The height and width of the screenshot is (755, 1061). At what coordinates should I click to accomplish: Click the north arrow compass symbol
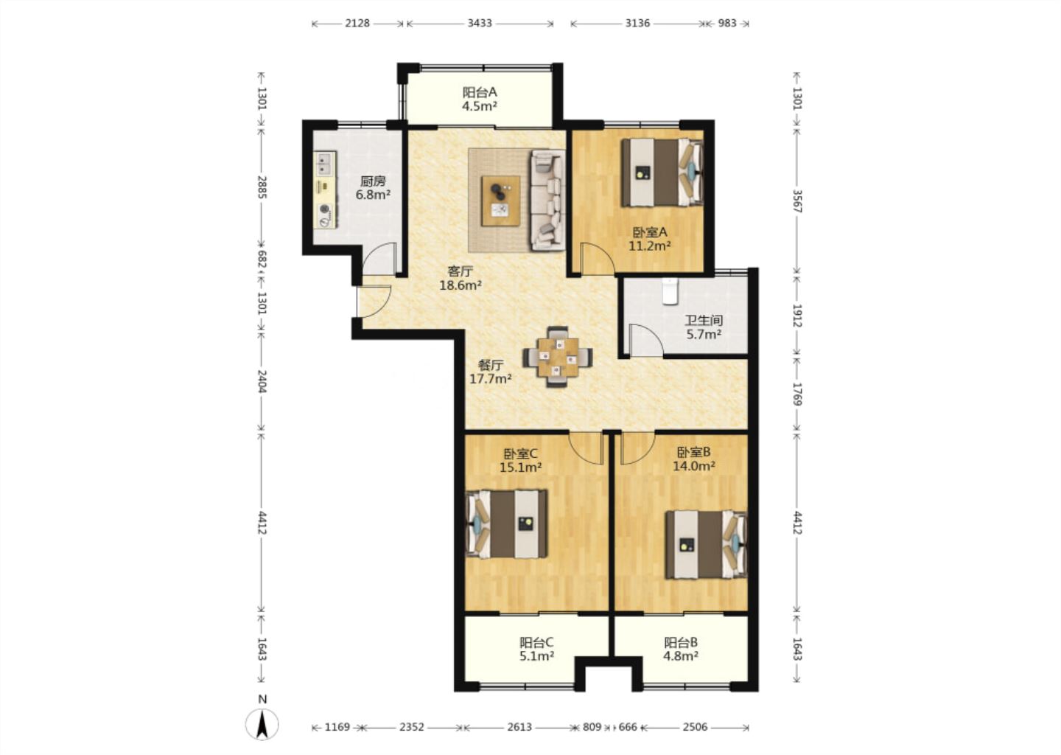coord(262,725)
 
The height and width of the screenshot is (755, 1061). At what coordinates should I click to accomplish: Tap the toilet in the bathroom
coord(670,291)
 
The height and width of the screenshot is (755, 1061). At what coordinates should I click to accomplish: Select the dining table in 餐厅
coord(558,356)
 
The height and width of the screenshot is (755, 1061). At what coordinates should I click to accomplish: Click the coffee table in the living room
coord(501,201)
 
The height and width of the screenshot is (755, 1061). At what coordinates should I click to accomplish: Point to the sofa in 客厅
coord(547,200)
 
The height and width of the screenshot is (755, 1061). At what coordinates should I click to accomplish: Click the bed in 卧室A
coord(662,172)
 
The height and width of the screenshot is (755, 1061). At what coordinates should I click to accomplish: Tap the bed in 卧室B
coord(706,545)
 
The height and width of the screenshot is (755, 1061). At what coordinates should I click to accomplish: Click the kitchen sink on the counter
coord(325,162)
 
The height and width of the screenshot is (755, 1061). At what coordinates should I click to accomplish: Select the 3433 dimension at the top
coord(480,23)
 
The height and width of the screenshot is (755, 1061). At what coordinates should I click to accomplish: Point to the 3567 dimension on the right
coord(797,201)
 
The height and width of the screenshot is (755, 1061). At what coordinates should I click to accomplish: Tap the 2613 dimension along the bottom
coord(519,726)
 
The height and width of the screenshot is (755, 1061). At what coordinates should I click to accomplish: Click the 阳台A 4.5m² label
coord(480,99)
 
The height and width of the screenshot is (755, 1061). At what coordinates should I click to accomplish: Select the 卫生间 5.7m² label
coord(704,327)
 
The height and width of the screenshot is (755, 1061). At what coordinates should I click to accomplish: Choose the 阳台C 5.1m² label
coord(536,650)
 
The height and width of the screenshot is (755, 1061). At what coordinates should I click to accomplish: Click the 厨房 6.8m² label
coord(374,188)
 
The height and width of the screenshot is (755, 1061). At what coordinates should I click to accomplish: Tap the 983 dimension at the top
coord(727,23)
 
